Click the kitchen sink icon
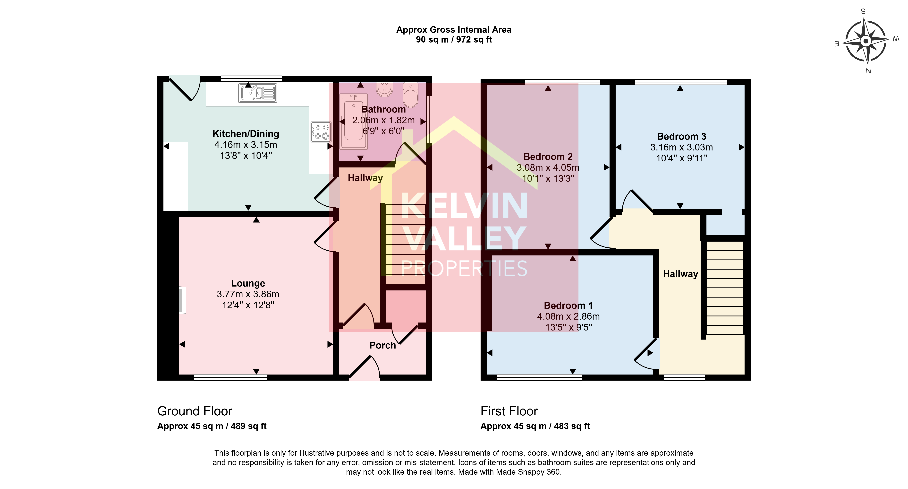pyautogui.click(x=258, y=93)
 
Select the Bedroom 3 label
pyautogui.click(x=681, y=136)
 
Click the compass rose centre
pyautogui.click(x=866, y=41)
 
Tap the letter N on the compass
pyautogui.click(x=868, y=71)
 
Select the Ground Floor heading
pyautogui.click(x=195, y=411)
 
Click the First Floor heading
pyautogui.click(x=509, y=411)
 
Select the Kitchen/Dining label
pyautogui.click(x=246, y=134)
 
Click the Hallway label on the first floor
pyautogui.click(x=680, y=274)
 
